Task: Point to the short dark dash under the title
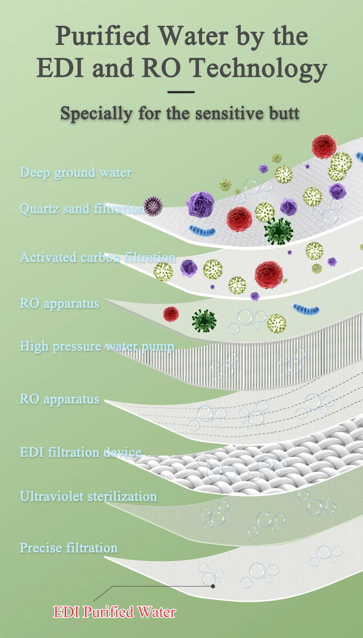[181, 92]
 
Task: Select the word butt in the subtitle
[284, 113]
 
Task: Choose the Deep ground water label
[76, 173]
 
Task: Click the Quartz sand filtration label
[81, 209]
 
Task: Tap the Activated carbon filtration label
[97, 257]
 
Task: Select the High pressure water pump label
[96, 346]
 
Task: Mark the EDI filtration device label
[80, 452]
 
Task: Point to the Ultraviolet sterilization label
[88, 496]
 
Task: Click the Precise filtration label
[68, 548]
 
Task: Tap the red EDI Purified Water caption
[114, 612]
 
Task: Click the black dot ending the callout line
[213, 586]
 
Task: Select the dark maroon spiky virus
[153, 206]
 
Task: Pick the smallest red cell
[171, 314]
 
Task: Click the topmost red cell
[324, 146]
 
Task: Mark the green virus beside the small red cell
[204, 321]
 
